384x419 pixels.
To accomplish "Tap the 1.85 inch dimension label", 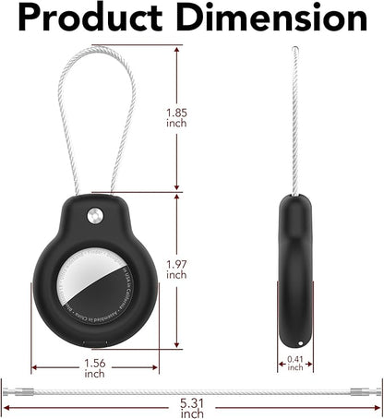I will (176, 118).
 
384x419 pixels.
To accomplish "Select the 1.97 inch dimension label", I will (176, 269).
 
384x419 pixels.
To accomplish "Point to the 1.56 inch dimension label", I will (94, 367).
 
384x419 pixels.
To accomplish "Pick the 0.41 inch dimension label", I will (295, 363).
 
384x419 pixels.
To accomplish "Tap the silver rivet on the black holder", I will (92, 217).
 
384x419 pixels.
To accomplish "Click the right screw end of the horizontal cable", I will (366, 391).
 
